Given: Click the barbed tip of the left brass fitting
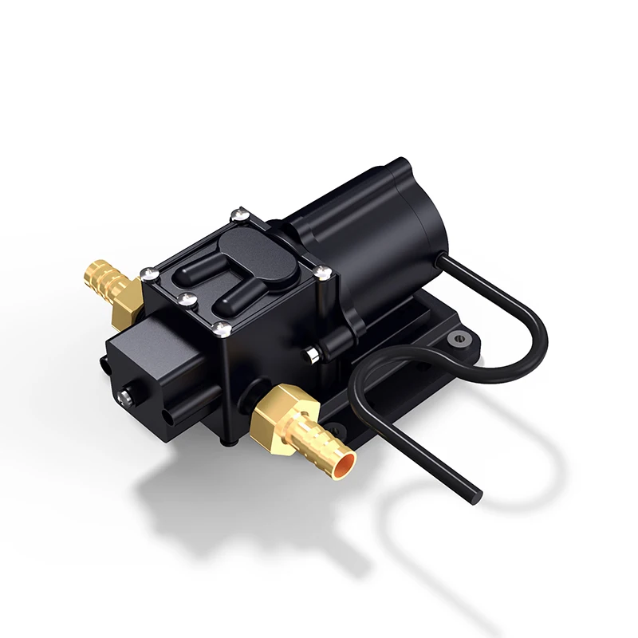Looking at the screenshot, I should pyautogui.click(x=91, y=272).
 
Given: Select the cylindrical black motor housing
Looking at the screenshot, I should pyautogui.click(x=359, y=231).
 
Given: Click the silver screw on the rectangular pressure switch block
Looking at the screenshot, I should pyautogui.click(x=126, y=395).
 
